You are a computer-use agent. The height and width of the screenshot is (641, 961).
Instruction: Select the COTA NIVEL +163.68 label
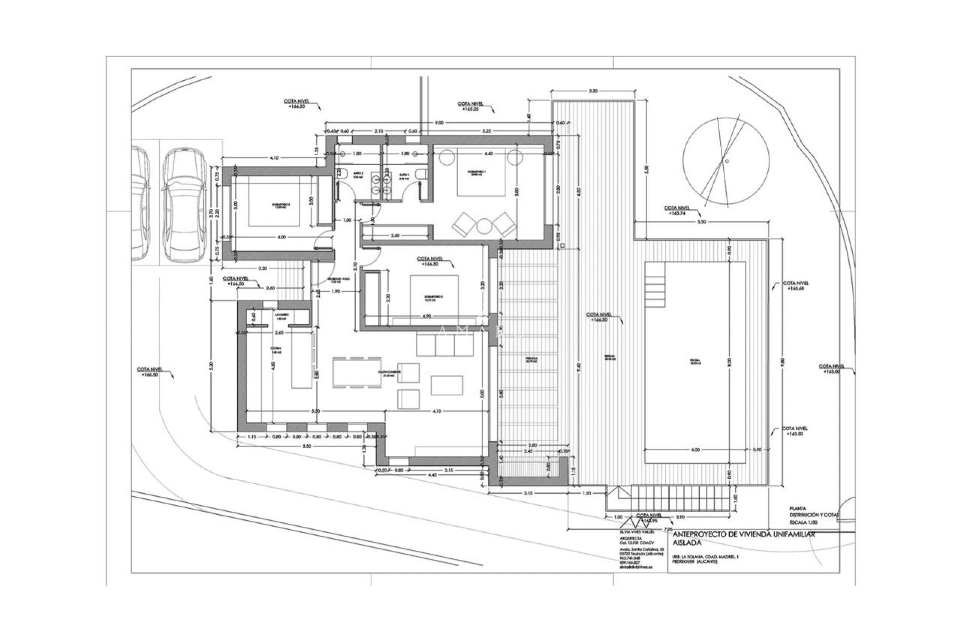point(795,285)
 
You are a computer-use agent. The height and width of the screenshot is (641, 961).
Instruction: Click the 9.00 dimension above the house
point(438,122)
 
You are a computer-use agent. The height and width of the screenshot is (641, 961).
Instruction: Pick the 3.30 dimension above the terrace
point(593,92)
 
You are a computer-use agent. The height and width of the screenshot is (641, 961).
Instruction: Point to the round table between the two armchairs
point(484,226)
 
